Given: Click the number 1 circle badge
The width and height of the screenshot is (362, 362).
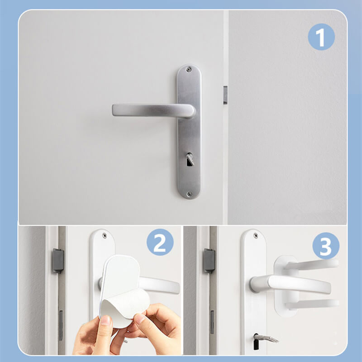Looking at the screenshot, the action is (321, 37).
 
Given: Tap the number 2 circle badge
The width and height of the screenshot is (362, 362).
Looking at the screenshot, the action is (160, 242).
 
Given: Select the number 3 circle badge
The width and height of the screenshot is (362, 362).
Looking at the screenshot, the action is (326, 246).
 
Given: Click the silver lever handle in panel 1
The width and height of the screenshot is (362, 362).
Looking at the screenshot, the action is (153, 110).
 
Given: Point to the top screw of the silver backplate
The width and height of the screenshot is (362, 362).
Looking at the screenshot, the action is (189, 69).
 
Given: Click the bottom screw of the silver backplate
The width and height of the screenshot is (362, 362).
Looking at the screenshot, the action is (189, 194).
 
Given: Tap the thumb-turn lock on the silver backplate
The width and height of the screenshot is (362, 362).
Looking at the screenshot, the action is (190, 159).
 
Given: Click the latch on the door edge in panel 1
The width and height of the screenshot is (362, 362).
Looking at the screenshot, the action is (225, 95).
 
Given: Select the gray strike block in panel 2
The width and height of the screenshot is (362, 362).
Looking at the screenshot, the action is (58, 261).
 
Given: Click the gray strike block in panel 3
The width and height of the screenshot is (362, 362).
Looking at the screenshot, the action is (209, 261).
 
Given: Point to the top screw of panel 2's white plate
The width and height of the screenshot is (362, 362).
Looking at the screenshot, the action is (105, 235).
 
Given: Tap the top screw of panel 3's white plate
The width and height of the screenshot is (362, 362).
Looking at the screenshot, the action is (256, 235).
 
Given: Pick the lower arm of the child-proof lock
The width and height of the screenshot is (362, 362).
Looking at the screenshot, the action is (312, 305).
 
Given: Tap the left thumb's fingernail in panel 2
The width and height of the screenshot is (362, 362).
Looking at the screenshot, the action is (106, 321).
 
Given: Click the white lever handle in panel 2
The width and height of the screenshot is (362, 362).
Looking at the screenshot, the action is (159, 285).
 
